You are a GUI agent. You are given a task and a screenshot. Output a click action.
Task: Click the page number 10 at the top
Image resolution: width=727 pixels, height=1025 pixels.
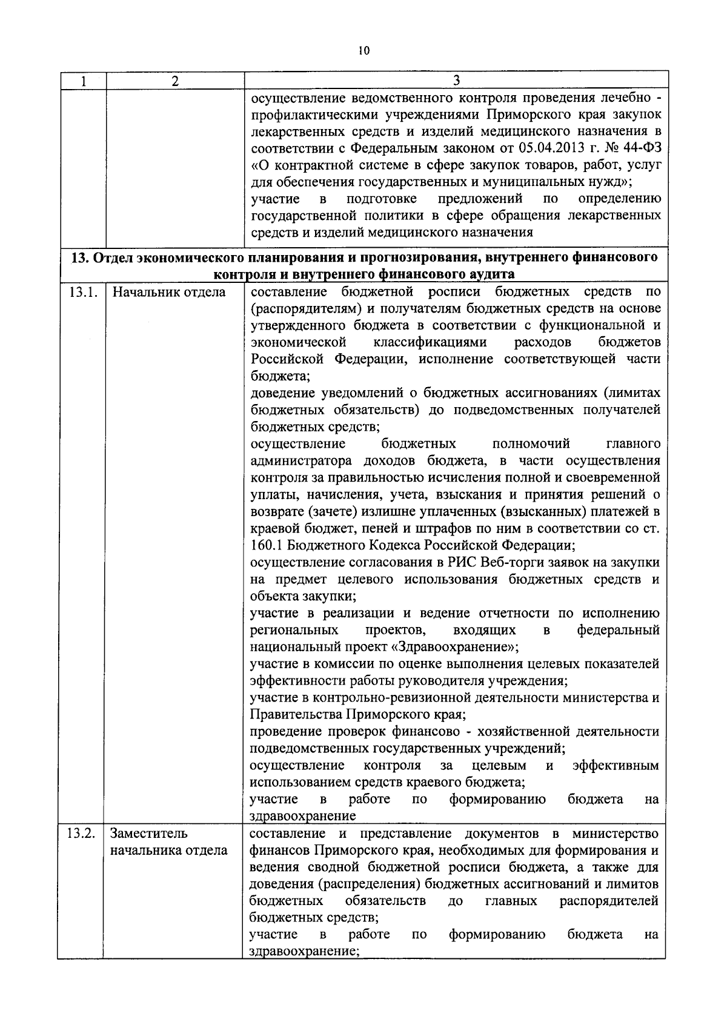click(x=363, y=51)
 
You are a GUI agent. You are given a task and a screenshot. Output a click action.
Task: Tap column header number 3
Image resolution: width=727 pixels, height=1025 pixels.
click(x=456, y=81)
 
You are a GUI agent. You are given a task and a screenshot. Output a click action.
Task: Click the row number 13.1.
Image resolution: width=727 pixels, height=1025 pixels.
click(x=83, y=293)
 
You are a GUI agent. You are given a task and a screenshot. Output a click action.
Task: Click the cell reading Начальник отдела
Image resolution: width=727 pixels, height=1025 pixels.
click(x=169, y=293)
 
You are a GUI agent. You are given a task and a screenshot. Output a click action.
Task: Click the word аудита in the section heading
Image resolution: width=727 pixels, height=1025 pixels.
click(x=489, y=274)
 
